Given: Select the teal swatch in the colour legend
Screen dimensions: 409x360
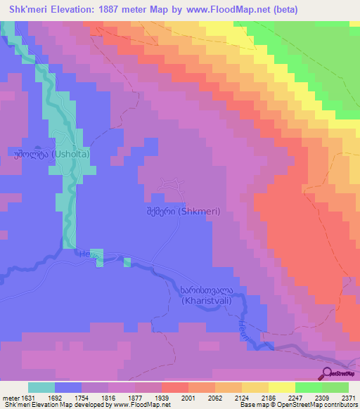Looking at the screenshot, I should coord(41,387).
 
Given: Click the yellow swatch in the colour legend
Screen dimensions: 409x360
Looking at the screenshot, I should coord(282,387).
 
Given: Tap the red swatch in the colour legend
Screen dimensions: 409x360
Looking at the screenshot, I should coord(175,387).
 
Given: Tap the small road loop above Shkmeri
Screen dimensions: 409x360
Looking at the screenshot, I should coord(172,184).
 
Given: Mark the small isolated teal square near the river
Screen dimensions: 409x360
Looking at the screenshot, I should coord(127,262).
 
